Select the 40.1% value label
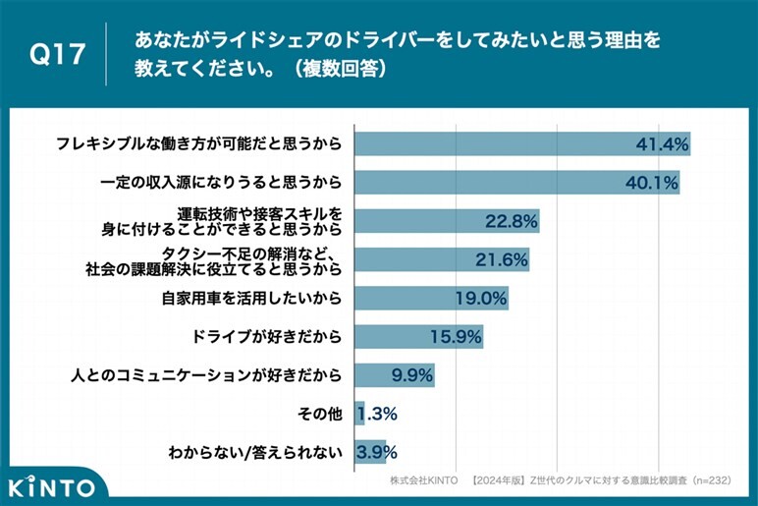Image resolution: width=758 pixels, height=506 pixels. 652,182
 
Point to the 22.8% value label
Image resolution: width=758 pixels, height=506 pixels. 511,221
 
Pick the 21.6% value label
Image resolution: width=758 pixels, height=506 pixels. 502,259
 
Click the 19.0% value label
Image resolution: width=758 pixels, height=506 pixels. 481,298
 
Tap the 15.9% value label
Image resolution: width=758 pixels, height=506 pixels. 456,337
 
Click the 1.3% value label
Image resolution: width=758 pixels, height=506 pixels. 376,414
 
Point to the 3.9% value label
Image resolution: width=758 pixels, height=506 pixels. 377,452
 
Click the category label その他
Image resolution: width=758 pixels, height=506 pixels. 320,414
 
